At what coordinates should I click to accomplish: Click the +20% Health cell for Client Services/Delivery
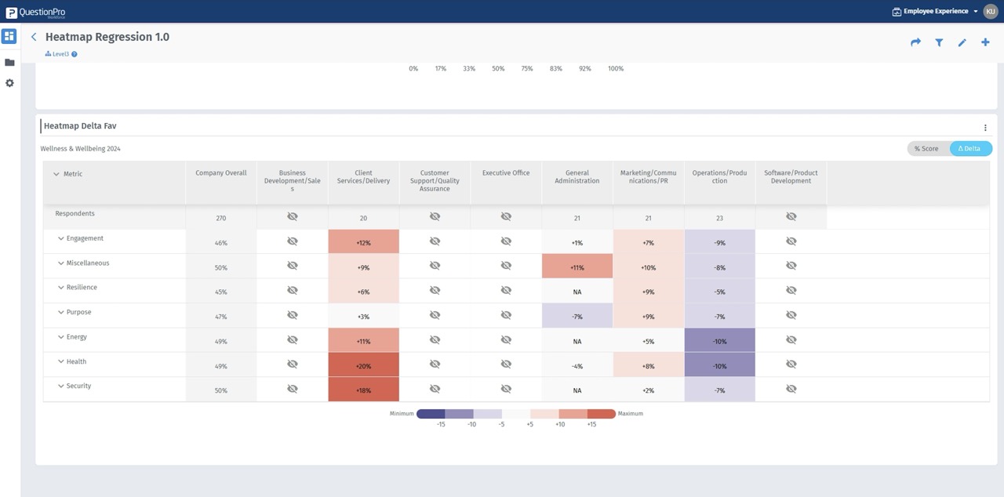coord(363,366)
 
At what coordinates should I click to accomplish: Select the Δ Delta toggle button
coord(970,148)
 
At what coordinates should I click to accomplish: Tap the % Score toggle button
coord(926,148)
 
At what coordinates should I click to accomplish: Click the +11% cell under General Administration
coord(577,267)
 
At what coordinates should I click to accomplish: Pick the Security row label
coord(78,386)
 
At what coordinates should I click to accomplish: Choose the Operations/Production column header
coord(719,177)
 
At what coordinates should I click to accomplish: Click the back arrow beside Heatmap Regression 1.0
coord(34,37)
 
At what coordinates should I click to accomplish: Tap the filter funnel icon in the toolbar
coord(939,42)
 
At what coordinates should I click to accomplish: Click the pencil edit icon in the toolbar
coord(962,42)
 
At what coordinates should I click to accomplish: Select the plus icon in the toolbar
coord(985,42)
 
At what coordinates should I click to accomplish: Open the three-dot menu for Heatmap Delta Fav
coord(985,128)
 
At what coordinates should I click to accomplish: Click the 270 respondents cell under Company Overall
coord(221,218)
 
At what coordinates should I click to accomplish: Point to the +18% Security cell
coord(363,390)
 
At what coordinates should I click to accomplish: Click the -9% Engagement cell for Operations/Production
coord(719,243)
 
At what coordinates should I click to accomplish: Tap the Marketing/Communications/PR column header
coord(648,177)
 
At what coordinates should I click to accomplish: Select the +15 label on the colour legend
coord(591,424)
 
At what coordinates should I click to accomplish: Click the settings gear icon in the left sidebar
coord(9,83)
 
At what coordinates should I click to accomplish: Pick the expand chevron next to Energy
coord(60,337)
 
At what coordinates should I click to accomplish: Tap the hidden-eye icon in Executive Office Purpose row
coord(506,315)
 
